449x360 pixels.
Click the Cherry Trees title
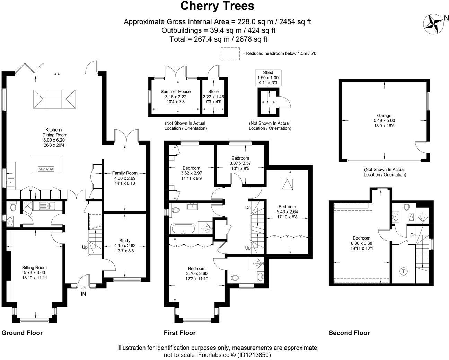pos(217,6)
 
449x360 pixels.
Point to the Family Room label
pos(125,178)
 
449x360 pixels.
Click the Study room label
pos(125,245)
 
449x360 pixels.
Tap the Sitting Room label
pos(34,272)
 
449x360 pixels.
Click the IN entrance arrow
pos(83,288)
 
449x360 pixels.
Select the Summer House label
pos(175,97)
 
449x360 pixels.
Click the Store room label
pos(213,97)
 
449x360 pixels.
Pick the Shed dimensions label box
pos(268,78)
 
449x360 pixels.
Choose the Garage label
pos(384,120)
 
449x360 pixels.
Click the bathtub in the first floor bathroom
pos(183,229)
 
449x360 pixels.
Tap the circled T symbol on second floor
pos(404,271)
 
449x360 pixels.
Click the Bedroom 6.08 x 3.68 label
pos(362,243)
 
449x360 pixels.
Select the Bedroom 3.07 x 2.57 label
pos(240,163)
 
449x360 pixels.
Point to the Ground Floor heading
pos(22,333)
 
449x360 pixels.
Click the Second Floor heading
pos(349,333)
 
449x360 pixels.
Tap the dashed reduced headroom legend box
pos(230,54)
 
